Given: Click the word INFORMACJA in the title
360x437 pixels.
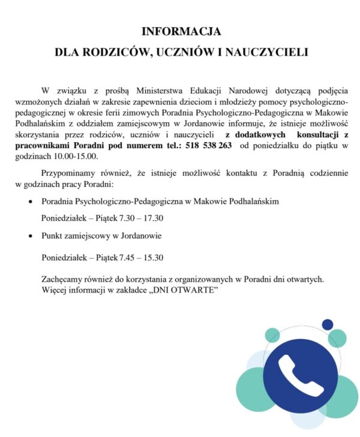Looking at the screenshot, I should pos(181,31).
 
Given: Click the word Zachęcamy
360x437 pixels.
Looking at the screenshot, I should pos(62,279).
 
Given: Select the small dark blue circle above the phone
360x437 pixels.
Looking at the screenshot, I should pos(328,324).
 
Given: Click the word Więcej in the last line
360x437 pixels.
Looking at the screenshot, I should pos(55,290).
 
